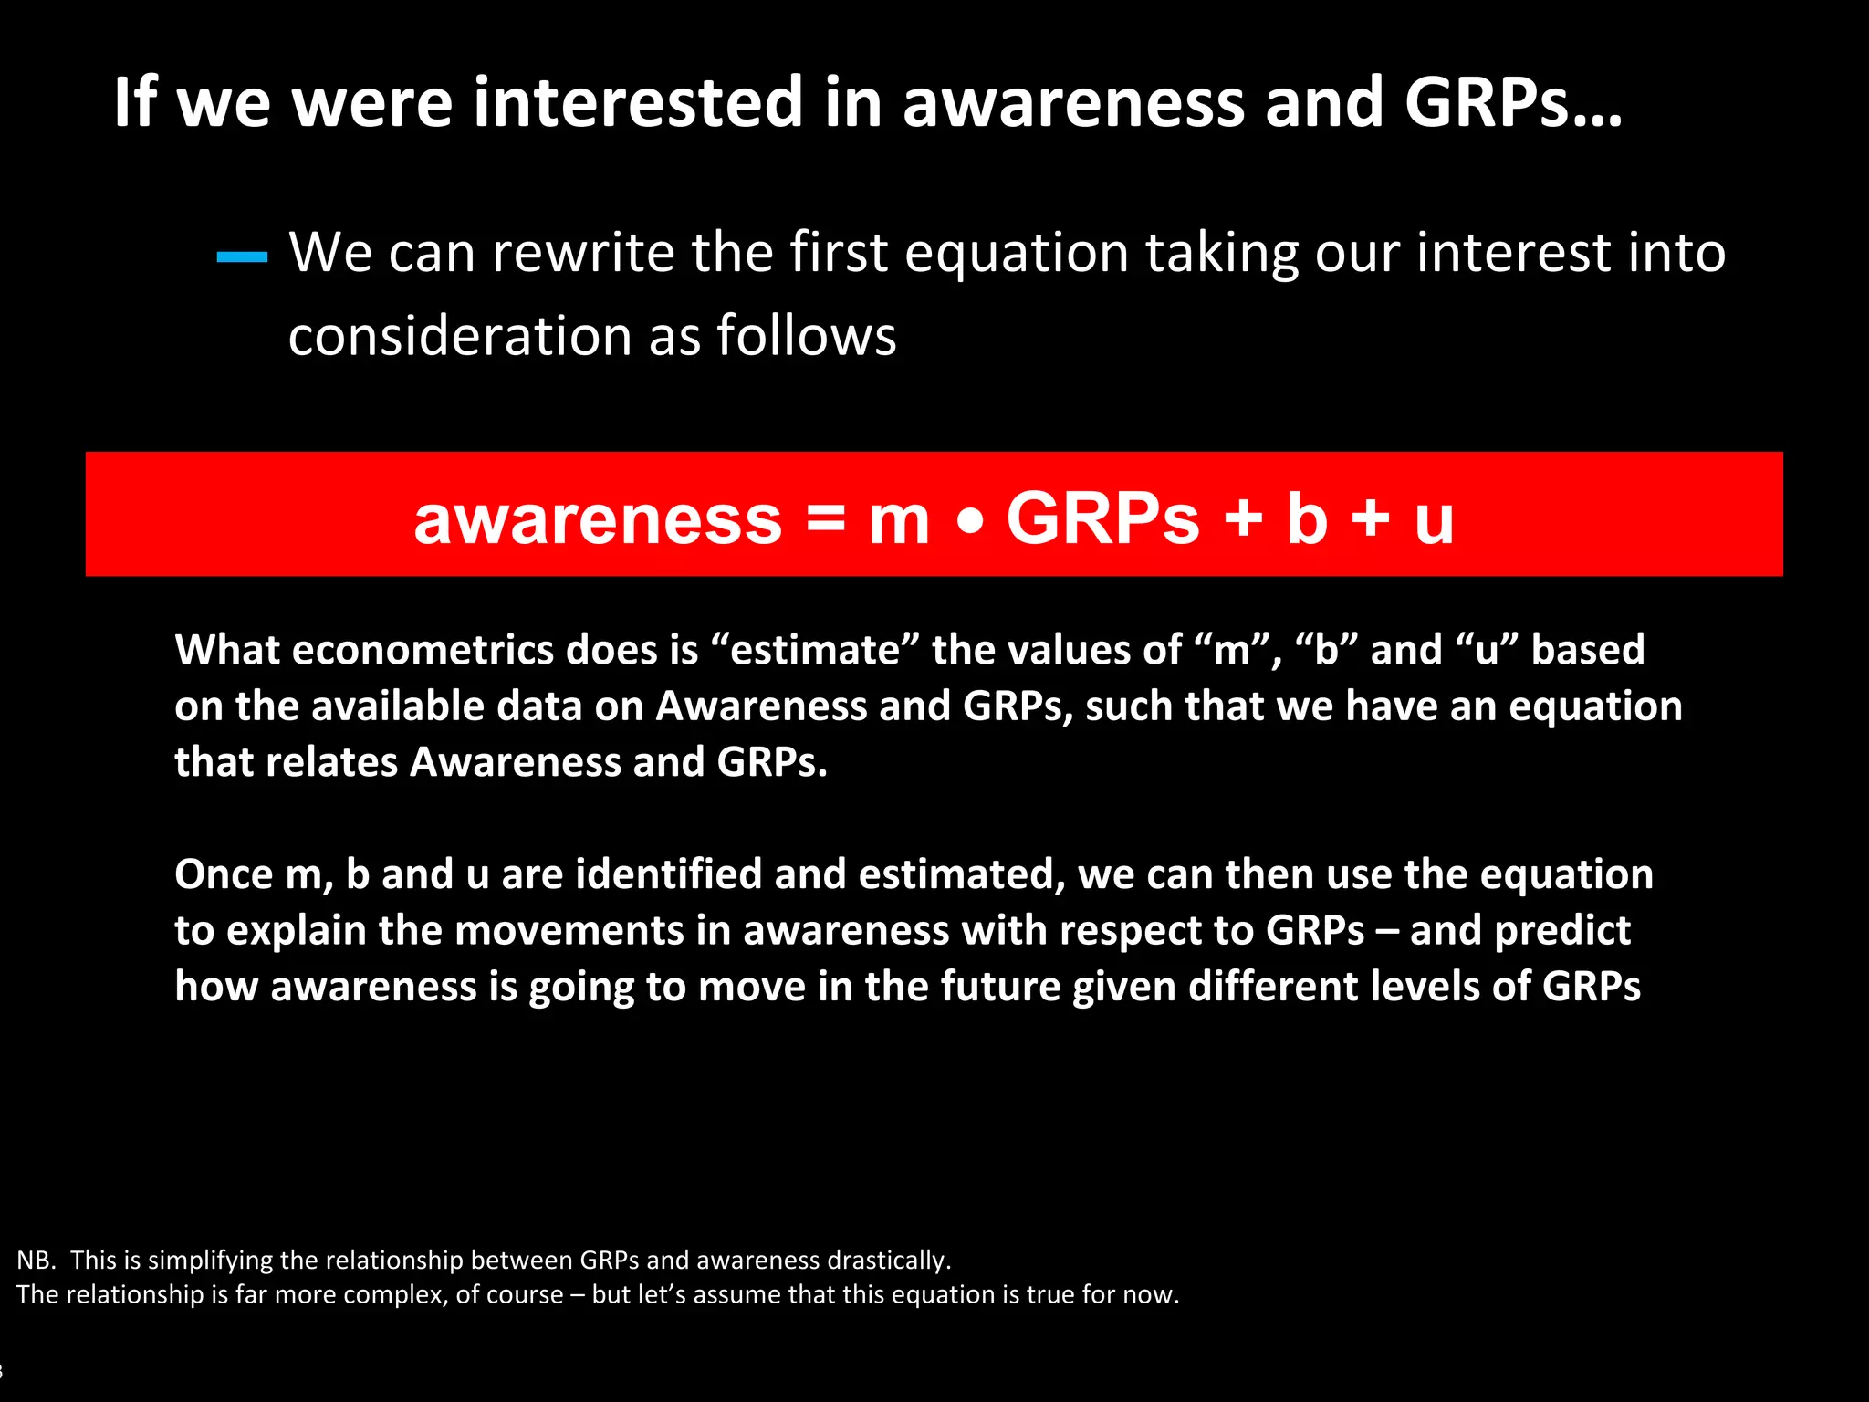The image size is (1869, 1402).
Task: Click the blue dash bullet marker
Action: pos(242,257)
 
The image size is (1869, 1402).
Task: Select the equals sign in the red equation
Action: pos(826,518)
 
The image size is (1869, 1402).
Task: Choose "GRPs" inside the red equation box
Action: pos(1102,518)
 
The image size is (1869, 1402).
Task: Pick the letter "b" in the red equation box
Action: pos(1306,518)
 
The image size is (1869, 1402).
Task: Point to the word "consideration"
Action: pos(459,336)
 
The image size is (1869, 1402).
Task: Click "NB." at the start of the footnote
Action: pos(37,1260)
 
